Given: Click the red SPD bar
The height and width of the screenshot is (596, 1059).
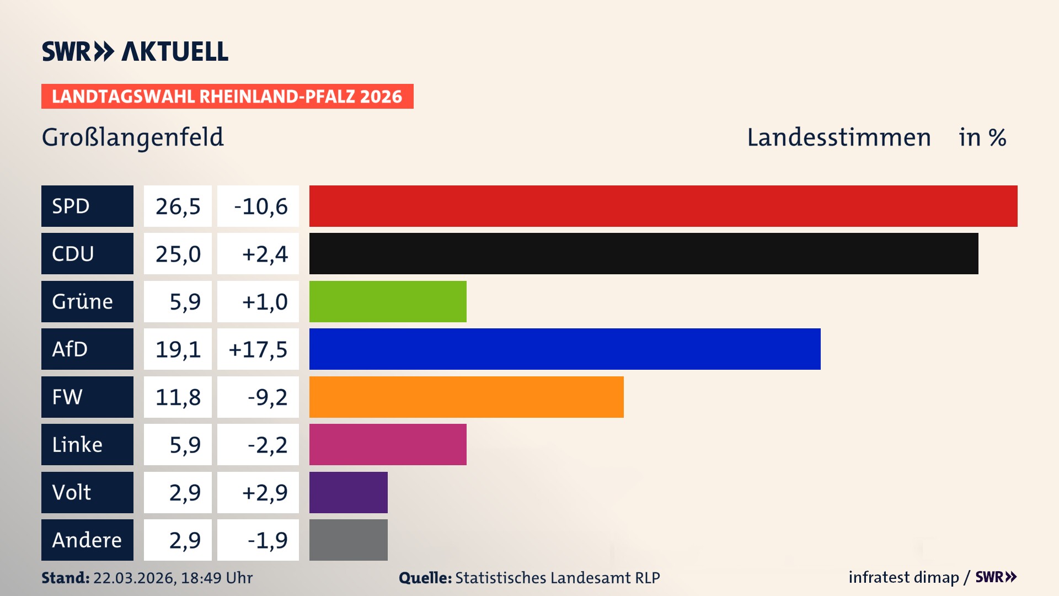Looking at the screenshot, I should [663, 206].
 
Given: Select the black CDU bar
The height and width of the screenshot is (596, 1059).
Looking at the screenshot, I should [643, 253].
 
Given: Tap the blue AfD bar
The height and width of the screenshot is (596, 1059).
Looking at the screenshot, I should [564, 349].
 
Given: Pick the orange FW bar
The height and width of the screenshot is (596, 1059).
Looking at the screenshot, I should [466, 397].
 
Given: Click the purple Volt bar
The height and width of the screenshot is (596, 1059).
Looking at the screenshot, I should [348, 492].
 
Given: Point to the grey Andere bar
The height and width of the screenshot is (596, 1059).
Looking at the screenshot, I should [348, 540].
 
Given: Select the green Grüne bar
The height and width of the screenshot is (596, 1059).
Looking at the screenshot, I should [387, 301].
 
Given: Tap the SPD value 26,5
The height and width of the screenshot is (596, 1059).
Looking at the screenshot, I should [178, 206].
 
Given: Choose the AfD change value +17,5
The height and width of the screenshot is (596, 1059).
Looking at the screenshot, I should [258, 349].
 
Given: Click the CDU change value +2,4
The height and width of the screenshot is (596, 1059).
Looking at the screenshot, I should [264, 253].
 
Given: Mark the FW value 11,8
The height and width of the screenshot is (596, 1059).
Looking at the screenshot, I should [178, 397].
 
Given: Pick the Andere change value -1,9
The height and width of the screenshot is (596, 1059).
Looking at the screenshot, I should [267, 540].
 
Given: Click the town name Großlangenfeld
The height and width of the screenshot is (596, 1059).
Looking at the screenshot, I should [132, 137].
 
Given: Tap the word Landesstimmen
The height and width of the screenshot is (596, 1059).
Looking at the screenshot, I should [838, 137].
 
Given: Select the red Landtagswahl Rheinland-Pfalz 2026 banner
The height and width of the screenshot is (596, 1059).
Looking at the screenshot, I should [227, 96].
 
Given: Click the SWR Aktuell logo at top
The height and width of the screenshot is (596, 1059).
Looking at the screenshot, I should [135, 51].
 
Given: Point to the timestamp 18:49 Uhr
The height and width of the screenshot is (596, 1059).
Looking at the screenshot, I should [216, 578].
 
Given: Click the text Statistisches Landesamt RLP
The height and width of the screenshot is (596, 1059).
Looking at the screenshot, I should [557, 578].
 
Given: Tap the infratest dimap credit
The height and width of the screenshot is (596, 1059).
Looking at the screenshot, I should [903, 577].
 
